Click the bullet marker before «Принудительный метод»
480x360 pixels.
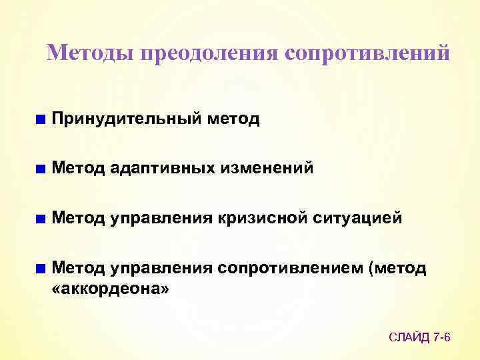pyautogui.click(x=41, y=120)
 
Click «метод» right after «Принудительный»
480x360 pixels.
pyautogui.click(x=233, y=119)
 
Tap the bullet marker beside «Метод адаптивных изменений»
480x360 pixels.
pyautogui.click(x=41, y=169)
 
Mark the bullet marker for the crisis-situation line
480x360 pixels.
pyautogui.click(x=41, y=219)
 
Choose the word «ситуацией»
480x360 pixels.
pyautogui.click(x=360, y=218)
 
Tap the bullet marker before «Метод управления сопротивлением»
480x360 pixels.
pyautogui.click(x=41, y=268)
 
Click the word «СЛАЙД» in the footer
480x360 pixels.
pyautogui.click(x=410, y=338)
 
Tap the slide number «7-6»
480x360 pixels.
pyautogui.click(x=443, y=338)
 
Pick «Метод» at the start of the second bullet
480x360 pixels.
pyautogui.click(x=78, y=169)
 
